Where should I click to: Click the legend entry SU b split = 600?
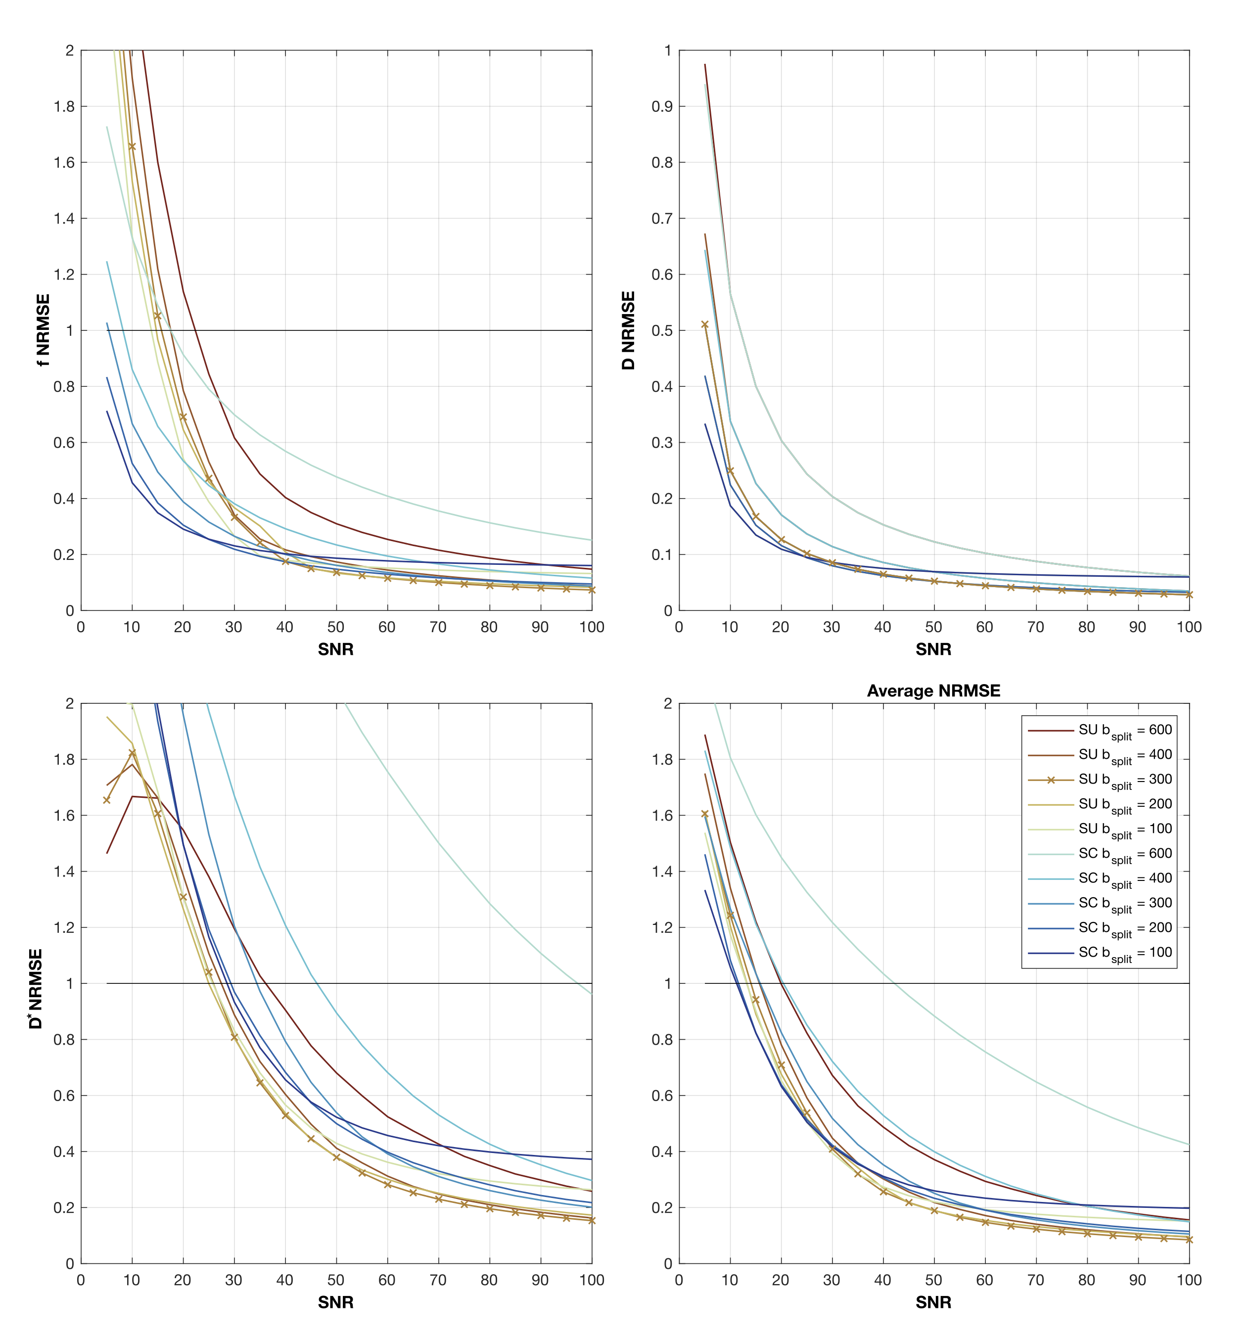point(1100,731)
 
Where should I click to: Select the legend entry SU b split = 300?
point(1100,781)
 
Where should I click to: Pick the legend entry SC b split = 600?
point(1100,855)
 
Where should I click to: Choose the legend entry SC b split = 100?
point(1100,954)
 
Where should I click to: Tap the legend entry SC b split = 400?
point(1100,879)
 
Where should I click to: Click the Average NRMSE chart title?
point(933,691)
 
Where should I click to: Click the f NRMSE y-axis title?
point(43,330)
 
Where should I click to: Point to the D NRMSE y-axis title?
point(628,330)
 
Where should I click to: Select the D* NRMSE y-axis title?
point(36,983)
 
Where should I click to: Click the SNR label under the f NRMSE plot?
point(336,649)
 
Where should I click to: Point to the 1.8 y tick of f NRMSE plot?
point(64,106)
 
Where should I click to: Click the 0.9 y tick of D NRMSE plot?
point(661,106)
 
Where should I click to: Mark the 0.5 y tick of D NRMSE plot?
point(661,330)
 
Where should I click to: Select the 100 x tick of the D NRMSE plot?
point(1189,627)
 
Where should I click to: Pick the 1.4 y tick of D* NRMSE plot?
point(64,871)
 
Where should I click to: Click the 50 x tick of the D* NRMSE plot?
point(336,1280)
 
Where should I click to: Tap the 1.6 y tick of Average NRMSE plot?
point(661,815)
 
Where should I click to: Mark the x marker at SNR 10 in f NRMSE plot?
point(132,146)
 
